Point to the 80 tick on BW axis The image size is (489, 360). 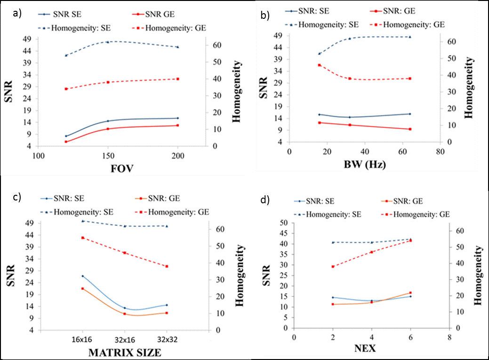[439, 151]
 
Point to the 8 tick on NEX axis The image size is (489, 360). [449, 337]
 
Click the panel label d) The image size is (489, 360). [265, 200]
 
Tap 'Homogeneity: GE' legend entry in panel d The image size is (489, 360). [418, 214]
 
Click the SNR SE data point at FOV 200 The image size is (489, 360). [177, 118]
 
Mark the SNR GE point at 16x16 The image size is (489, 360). [82, 288]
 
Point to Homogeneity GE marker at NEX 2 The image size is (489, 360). [333, 266]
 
